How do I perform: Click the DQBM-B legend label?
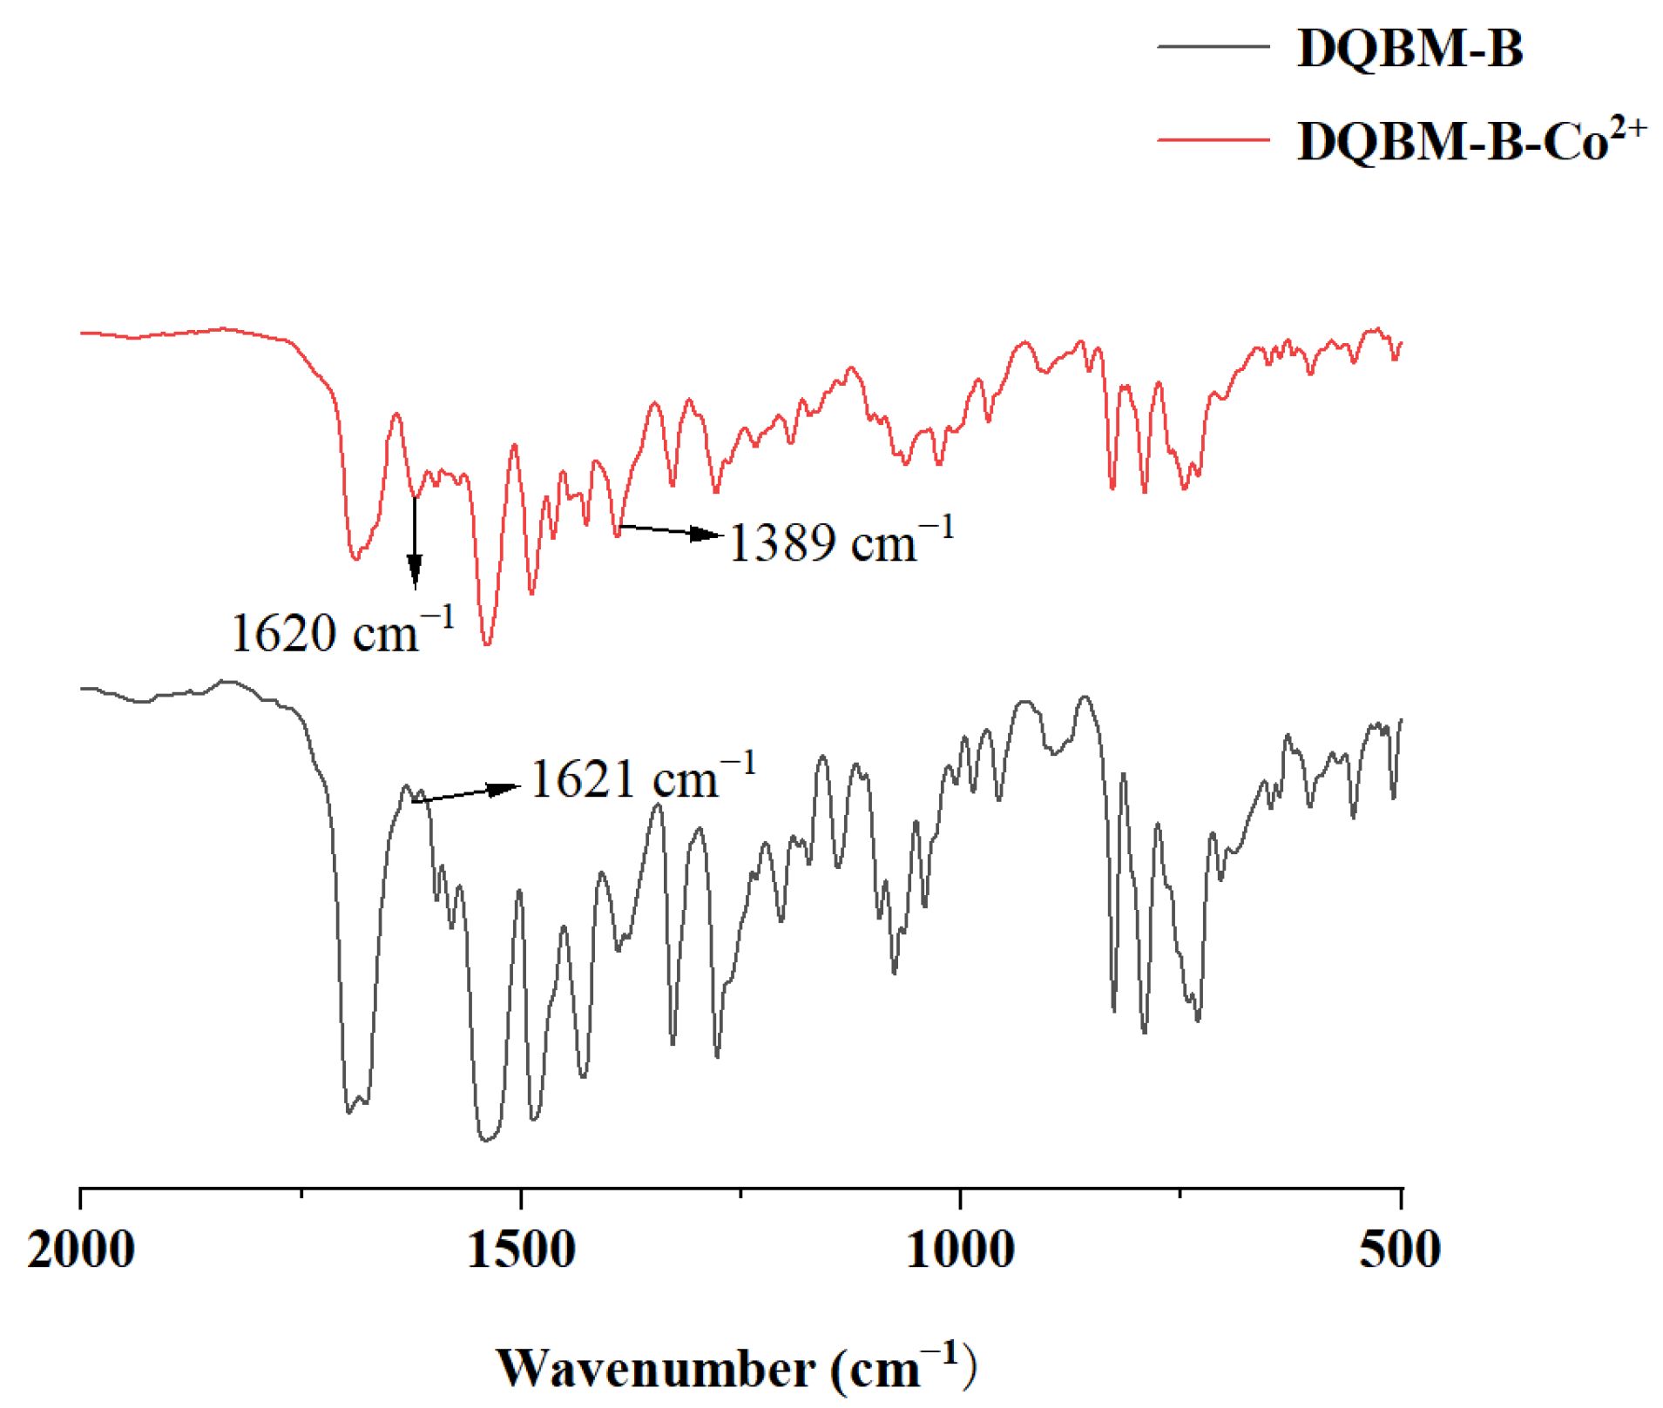(1409, 48)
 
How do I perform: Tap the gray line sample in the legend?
(1212, 46)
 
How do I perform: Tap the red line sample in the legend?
(1212, 138)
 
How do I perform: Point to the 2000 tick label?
(81, 1250)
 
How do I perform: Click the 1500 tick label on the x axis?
(521, 1250)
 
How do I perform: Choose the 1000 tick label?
(960, 1250)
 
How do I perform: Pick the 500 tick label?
(1400, 1250)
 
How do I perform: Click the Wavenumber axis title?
(736, 1367)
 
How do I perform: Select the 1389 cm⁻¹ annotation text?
(841, 542)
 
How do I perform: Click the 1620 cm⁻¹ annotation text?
(342, 631)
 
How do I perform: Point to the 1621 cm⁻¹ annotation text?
(643, 778)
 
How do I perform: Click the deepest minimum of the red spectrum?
(487, 644)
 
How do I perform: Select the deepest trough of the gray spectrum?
(485, 1140)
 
